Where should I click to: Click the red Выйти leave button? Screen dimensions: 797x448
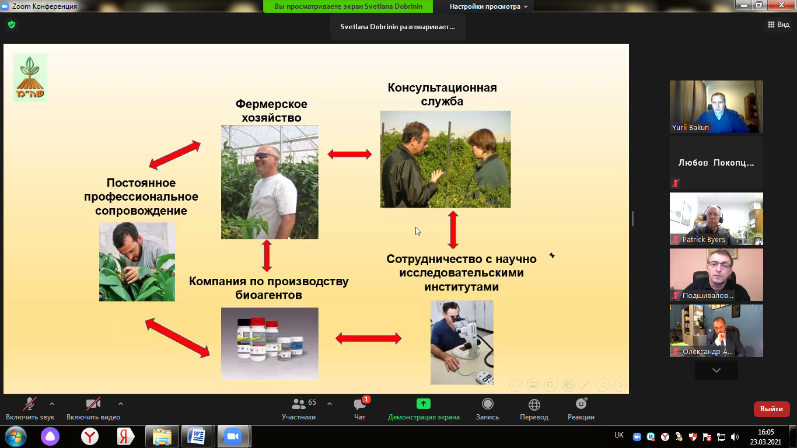pyautogui.click(x=771, y=409)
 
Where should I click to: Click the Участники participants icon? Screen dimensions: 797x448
pyautogui.click(x=299, y=404)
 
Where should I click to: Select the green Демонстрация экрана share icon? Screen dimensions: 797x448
pyautogui.click(x=424, y=404)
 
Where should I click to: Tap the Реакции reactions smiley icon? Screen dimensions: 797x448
pyautogui.click(x=581, y=404)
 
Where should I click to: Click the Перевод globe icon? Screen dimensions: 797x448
pyautogui.click(x=534, y=404)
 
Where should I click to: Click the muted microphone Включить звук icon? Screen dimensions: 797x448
pyautogui.click(x=30, y=404)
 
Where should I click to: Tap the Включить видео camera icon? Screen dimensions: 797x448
pyautogui.click(x=93, y=404)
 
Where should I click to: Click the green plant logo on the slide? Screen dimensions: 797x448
pyautogui.click(x=30, y=78)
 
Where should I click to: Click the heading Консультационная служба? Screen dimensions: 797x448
pyautogui.click(x=442, y=94)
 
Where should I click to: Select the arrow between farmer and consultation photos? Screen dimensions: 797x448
pyautogui.click(x=349, y=154)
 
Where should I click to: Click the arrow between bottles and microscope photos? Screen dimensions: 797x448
pyautogui.click(x=368, y=338)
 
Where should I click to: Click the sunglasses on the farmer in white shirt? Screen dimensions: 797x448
pyautogui.click(x=265, y=156)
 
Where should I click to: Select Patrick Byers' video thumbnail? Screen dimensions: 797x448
pyautogui.click(x=716, y=219)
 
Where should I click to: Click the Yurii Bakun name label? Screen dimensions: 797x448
pyautogui.click(x=690, y=127)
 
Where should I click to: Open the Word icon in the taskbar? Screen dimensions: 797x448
pyautogui.click(x=196, y=436)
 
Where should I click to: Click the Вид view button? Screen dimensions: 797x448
pyautogui.click(x=778, y=24)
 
